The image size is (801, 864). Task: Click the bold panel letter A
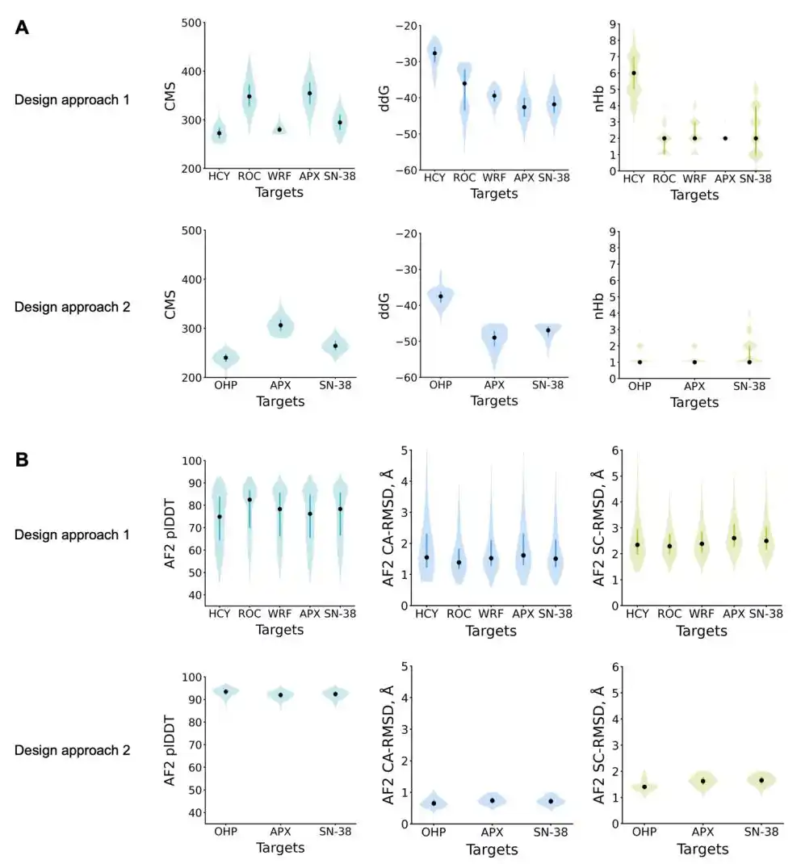(x=22, y=27)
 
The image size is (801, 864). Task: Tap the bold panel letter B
(x=22, y=459)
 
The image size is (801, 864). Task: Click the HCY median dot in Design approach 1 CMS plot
(x=220, y=133)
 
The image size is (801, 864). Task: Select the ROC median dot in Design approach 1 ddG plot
(x=464, y=84)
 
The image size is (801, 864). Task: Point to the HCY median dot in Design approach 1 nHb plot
(x=634, y=73)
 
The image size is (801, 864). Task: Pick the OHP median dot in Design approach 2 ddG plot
(x=441, y=296)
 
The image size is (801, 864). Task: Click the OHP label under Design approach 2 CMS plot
(x=226, y=385)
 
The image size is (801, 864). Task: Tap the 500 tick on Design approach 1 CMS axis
(x=191, y=23)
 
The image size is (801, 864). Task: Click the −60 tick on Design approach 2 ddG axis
(x=407, y=377)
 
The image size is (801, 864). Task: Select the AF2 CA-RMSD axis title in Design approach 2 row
(x=388, y=745)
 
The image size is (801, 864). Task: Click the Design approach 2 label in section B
(x=72, y=750)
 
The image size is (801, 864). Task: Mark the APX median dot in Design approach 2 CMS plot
(x=280, y=325)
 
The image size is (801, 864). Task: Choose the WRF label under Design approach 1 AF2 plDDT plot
(x=279, y=614)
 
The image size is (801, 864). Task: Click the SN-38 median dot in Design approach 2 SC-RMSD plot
(x=761, y=780)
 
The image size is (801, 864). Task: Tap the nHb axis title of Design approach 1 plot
(x=599, y=99)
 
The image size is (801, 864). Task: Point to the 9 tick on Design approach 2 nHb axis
(x=612, y=232)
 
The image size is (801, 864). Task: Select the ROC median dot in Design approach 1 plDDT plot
(x=250, y=500)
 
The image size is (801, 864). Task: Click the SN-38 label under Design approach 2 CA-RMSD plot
(x=551, y=832)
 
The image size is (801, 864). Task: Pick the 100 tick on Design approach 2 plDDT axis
(x=191, y=677)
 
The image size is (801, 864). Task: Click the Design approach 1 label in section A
(x=72, y=100)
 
